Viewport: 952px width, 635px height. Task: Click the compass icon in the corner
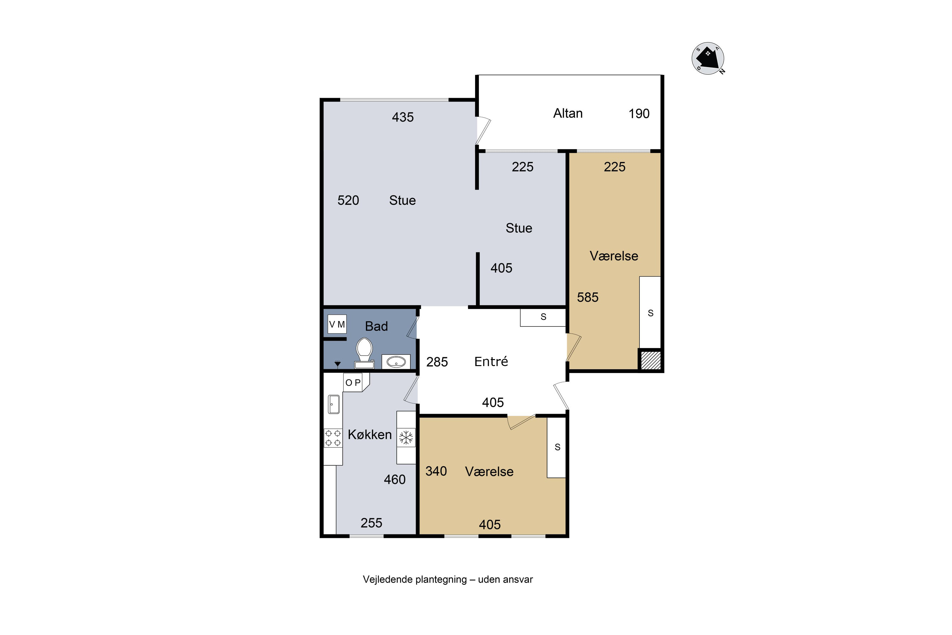[x=708, y=58]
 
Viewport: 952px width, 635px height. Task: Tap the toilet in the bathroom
[x=364, y=353]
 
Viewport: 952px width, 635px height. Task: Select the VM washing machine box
[x=337, y=324]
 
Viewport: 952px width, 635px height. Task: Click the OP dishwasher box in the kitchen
[x=356, y=382]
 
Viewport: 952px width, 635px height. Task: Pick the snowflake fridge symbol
[x=406, y=438]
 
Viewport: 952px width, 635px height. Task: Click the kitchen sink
[x=334, y=404]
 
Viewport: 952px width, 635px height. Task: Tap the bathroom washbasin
[x=396, y=362]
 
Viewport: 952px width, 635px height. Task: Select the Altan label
[x=568, y=113]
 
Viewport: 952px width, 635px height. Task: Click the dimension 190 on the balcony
[x=639, y=114]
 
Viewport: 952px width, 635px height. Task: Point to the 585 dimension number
[x=587, y=297]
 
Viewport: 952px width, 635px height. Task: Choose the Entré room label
[x=491, y=361]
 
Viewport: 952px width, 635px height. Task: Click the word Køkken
[x=370, y=435]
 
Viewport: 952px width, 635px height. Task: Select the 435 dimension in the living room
[x=403, y=117]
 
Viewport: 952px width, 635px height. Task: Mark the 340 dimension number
[x=436, y=471]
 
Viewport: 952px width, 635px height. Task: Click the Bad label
[x=376, y=326]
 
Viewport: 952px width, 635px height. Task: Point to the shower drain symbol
[x=337, y=364]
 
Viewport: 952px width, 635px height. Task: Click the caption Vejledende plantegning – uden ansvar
[x=448, y=579]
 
